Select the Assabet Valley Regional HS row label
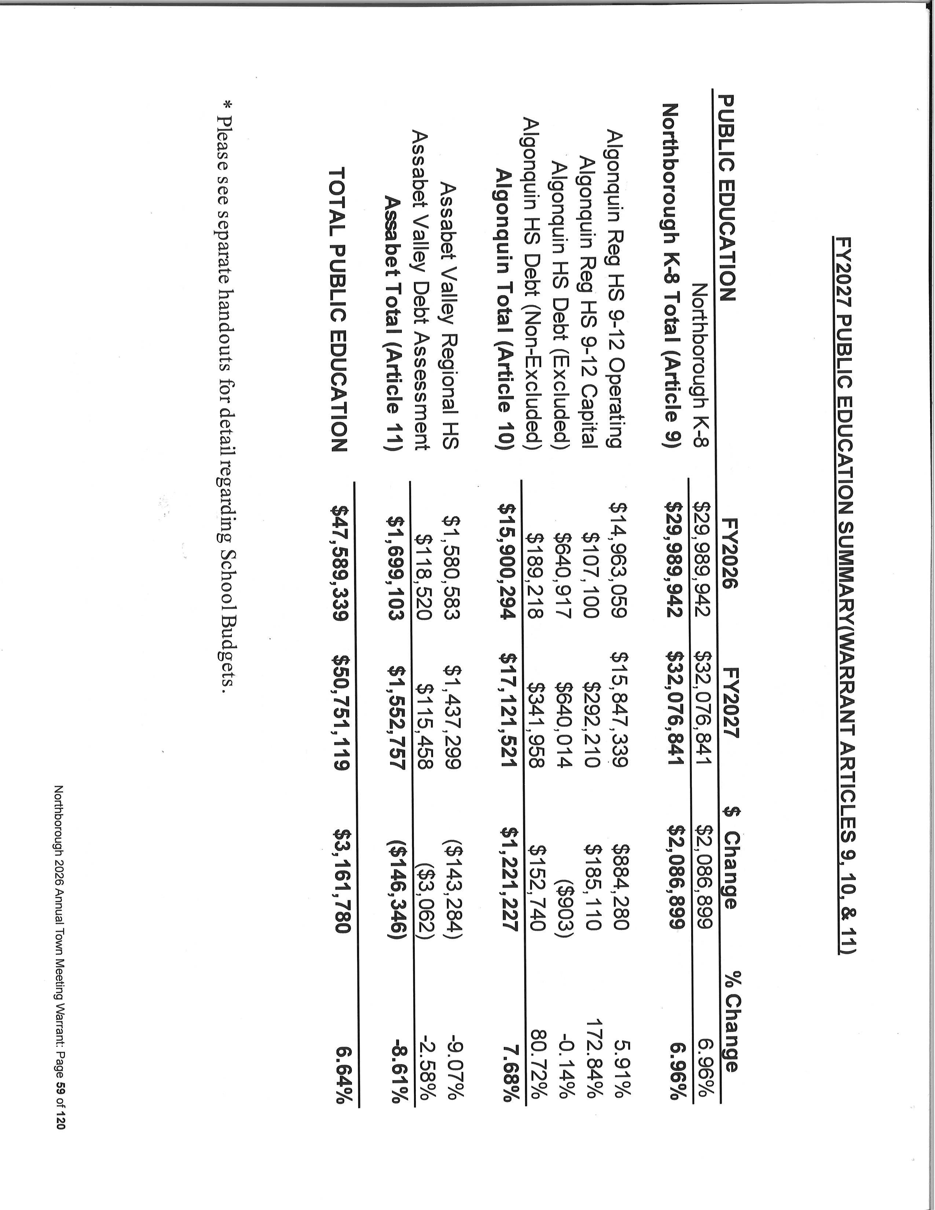450,324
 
